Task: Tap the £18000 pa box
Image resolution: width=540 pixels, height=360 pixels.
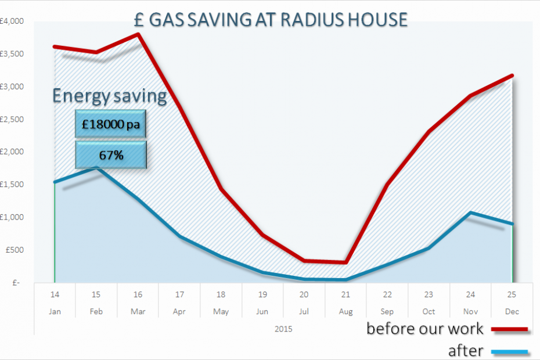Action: click(x=110, y=124)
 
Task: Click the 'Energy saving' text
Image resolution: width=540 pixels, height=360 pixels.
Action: click(x=110, y=96)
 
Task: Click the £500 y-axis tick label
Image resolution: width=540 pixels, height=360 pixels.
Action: click(x=13, y=250)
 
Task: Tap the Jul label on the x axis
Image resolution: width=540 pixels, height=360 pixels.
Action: click(x=304, y=312)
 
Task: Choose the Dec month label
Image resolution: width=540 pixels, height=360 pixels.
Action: click(x=512, y=312)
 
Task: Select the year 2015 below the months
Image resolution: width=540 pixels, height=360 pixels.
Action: click(x=283, y=329)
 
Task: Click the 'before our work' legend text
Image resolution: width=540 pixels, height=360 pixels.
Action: click(x=424, y=329)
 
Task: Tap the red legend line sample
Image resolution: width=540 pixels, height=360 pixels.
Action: click(x=510, y=330)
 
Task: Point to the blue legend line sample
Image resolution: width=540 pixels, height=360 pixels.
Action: click(x=510, y=351)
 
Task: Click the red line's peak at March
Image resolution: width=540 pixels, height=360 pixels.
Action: click(x=138, y=34)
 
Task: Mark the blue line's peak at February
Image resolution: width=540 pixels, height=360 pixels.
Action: click(x=96, y=168)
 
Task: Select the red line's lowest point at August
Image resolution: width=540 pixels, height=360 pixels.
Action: click(x=345, y=262)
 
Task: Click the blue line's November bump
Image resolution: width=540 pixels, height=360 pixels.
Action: click(x=470, y=213)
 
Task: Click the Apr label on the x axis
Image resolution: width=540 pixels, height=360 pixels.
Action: click(x=179, y=312)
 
